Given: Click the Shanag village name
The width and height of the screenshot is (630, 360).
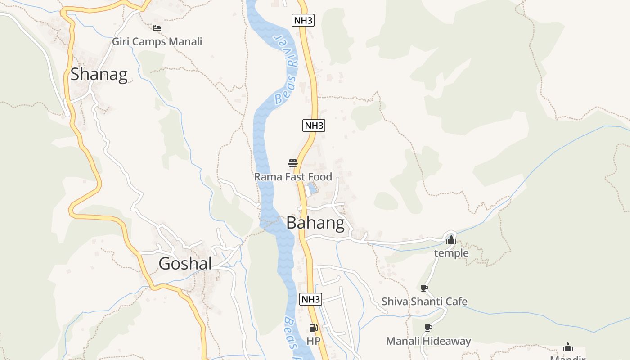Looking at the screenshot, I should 99,74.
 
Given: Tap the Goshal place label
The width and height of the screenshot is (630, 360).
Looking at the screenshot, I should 185,264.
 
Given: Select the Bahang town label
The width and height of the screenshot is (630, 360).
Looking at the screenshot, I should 315,223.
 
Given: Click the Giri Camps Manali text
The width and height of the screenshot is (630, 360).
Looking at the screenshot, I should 157,42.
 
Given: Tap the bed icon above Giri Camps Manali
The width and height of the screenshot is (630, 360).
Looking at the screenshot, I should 157,28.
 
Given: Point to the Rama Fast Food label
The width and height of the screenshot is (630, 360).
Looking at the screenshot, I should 293,177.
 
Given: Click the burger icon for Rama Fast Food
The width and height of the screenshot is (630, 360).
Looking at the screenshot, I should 293,163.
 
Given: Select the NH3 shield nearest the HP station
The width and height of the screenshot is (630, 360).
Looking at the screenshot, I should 311,299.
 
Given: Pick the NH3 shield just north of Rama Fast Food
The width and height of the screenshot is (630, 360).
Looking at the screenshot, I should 314,126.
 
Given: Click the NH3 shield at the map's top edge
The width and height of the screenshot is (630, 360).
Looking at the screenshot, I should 303,20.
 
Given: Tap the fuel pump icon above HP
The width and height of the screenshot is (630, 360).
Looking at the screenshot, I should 313,328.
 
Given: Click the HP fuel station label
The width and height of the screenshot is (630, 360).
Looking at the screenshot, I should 313,341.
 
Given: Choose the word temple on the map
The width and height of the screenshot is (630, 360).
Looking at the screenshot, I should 451,253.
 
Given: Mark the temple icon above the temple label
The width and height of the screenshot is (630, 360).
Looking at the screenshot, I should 451,240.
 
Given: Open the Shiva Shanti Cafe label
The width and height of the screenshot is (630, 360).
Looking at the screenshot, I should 424,301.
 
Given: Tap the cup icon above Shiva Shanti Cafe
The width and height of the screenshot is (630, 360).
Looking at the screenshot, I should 424,288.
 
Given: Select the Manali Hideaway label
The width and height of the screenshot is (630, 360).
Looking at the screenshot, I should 428,341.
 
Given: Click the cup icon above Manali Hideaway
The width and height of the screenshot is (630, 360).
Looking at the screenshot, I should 428,328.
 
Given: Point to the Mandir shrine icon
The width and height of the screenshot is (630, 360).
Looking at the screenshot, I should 568,347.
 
